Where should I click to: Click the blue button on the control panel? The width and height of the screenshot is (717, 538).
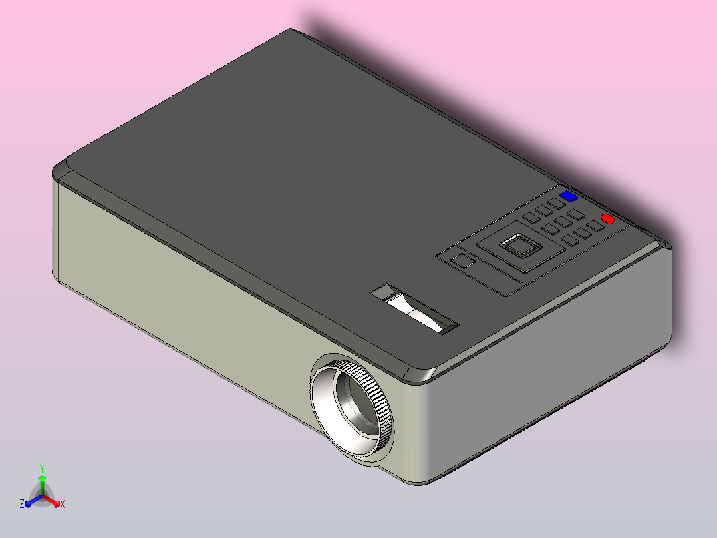pos(569,196)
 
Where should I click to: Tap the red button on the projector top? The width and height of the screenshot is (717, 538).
pos(607,218)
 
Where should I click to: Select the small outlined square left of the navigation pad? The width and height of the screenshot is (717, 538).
pos(463,260)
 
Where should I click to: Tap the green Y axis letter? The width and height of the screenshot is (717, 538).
pos(42,468)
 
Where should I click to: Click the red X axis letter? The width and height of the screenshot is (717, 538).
pos(63,505)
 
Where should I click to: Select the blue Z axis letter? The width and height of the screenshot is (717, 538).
pos(22,504)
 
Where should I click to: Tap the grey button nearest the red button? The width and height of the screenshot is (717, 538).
pos(595,226)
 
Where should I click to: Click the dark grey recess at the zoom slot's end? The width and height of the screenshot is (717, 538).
pos(383,292)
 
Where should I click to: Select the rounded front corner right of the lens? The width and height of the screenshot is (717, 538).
pos(416,426)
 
